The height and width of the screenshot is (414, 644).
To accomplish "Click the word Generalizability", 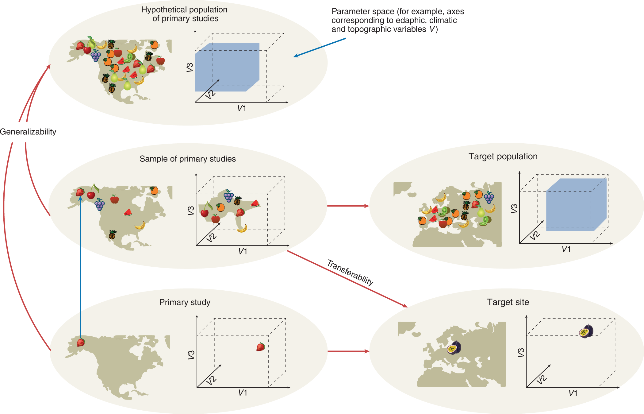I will [28, 132].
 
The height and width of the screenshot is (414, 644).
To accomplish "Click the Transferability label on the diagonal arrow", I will [350, 273].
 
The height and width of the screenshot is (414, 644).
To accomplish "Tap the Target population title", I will [503, 157].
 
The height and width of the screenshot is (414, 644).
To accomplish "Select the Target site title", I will [508, 302].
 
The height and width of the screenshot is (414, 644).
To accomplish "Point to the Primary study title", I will [185, 302].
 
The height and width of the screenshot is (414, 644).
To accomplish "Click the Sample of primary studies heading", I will [187, 159].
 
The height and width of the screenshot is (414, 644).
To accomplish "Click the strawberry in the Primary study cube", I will [261, 347].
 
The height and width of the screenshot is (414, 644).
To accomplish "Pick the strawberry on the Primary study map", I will [81, 342].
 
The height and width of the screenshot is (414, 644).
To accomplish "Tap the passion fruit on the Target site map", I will [454, 348].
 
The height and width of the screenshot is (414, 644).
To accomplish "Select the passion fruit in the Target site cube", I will [586, 331].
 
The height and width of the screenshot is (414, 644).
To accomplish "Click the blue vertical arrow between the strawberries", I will [80, 267].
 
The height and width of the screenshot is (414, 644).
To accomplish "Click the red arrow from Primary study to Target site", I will [348, 351].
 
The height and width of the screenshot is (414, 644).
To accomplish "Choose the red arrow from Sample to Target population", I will [348, 206].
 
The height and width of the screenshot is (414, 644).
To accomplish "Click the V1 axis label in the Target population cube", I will [566, 249].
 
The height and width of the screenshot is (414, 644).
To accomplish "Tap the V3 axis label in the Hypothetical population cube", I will [190, 68].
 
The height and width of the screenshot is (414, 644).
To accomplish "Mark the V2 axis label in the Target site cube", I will [542, 380].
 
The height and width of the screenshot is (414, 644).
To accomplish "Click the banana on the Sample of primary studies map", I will [140, 226].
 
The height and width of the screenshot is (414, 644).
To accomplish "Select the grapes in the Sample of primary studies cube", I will [229, 195].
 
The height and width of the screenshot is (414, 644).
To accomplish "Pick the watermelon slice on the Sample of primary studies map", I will [128, 212].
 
